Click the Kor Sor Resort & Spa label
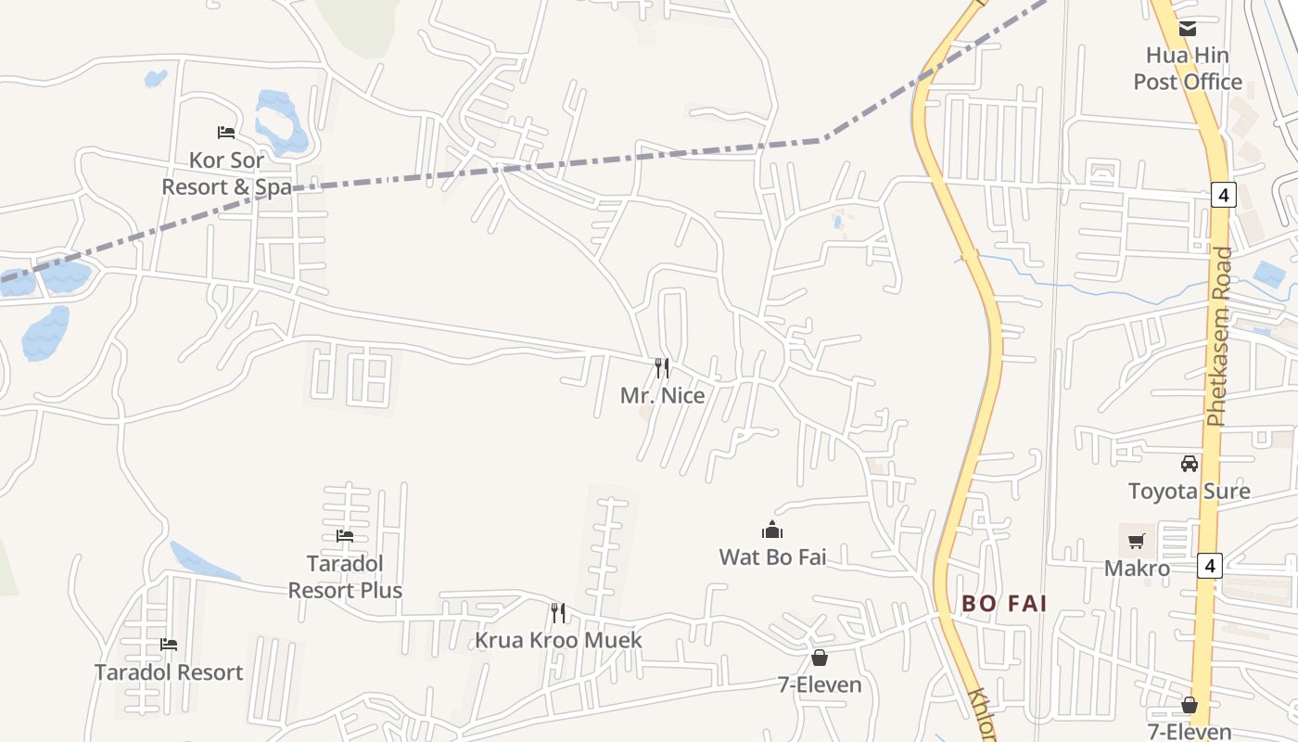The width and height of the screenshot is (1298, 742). click(x=226, y=173)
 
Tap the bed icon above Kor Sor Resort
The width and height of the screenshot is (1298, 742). click(x=226, y=133)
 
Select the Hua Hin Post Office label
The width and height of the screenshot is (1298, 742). click(x=1188, y=69)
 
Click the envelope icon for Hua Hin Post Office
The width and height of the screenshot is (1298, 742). click(x=1188, y=29)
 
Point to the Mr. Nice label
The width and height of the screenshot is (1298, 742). click(x=662, y=396)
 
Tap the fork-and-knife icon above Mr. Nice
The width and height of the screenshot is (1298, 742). click(x=662, y=367)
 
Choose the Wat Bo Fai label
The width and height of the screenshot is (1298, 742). click(x=772, y=556)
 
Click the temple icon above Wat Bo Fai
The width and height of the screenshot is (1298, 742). click(x=772, y=530)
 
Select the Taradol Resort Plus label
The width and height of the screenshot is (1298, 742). click(x=345, y=577)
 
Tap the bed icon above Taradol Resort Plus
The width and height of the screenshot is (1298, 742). click(x=345, y=536)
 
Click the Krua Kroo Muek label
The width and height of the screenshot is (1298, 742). click(x=558, y=641)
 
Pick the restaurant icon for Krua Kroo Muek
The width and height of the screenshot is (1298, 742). click(x=558, y=612)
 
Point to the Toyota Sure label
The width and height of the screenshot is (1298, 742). click(x=1189, y=491)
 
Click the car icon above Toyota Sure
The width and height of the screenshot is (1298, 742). click(x=1190, y=463)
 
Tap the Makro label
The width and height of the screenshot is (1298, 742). click(x=1137, y=569)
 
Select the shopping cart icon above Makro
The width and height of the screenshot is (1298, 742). click(x=1137, y=540)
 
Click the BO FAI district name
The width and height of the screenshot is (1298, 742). click(x=1004, y=604)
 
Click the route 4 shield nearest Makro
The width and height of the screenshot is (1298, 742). click(x=1209, y=565)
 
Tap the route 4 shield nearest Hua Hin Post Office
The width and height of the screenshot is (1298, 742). click(x=1224, y=195)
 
